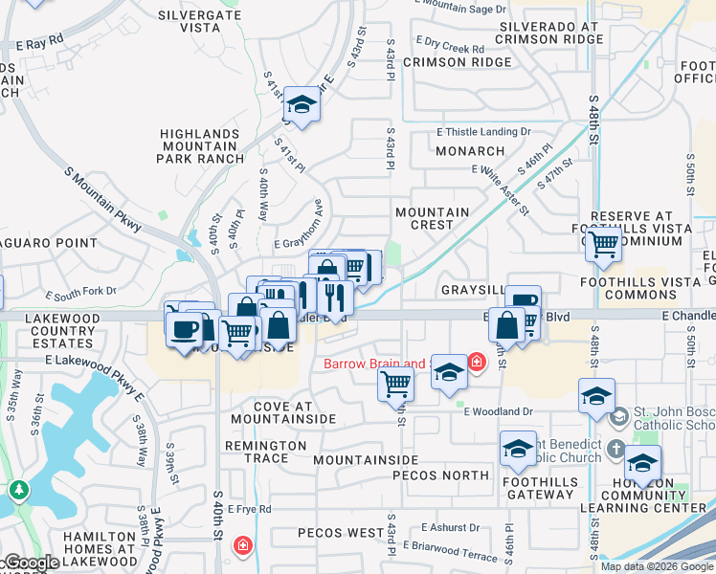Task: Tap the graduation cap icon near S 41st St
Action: point(302,105)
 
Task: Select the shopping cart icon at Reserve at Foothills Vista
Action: point(603,245)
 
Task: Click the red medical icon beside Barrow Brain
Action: point(477,362)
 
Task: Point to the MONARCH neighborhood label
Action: point(469,151)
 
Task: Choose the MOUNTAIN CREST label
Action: point(432,218)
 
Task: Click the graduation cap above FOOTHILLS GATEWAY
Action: point(518,448)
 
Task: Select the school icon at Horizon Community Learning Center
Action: point(643,463)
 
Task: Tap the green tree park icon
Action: point(18,489)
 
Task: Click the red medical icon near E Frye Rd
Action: point(243,545)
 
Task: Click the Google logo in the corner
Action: point(31,563)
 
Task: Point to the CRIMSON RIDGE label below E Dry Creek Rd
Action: point(458,62)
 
